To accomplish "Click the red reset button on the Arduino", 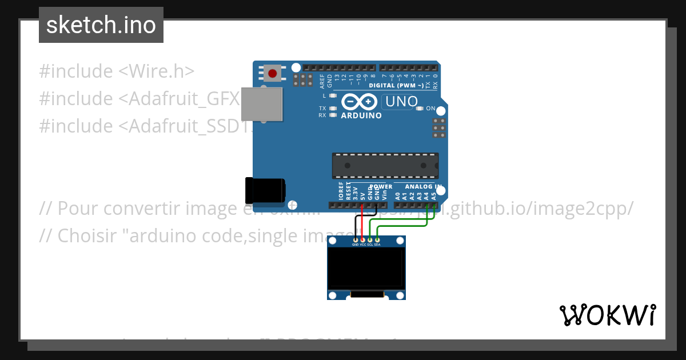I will pos(273,74).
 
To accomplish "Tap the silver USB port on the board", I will pos(261,104).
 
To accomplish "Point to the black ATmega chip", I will pos(385,165).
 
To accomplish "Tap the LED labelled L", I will pos(333,96).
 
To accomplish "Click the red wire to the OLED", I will pos(362,223).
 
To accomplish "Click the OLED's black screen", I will pos(366,267).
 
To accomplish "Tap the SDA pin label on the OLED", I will pos(377,245).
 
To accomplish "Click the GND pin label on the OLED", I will pos(355,245).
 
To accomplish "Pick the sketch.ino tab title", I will pos(101,25).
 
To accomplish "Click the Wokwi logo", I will pos(607,315).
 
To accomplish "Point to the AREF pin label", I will pos(322,81).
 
